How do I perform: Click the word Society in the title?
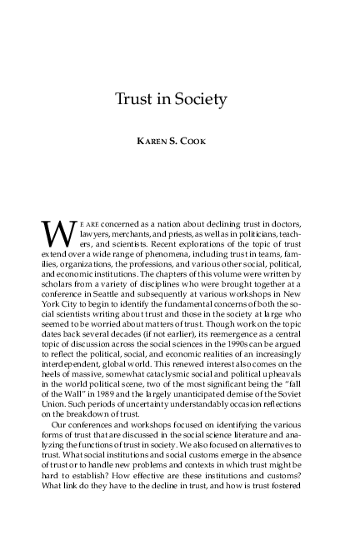[202, 101]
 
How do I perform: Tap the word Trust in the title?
[137, 101]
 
